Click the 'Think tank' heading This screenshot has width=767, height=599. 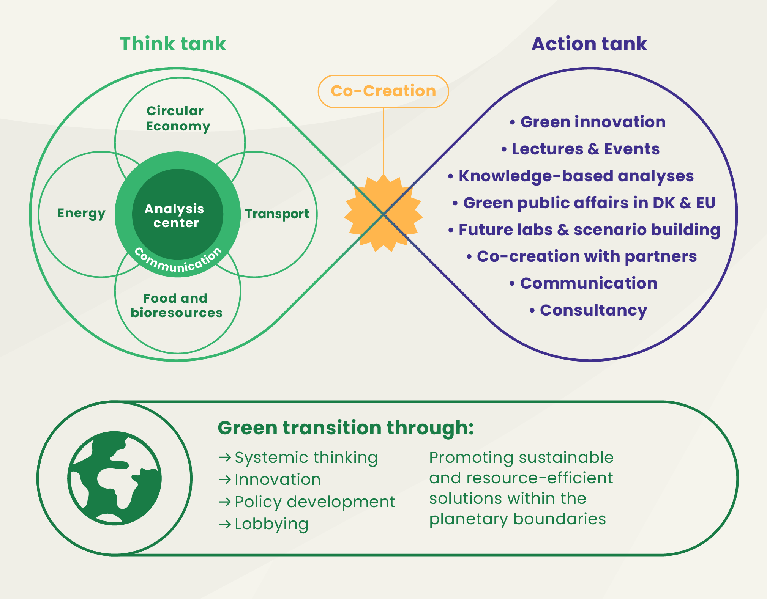click(173, 44)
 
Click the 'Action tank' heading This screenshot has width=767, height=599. click(589, 44)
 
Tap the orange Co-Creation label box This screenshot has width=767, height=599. click(383, 91)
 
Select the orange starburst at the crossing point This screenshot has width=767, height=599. click(383, 214)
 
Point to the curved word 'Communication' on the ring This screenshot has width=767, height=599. click(178, 262)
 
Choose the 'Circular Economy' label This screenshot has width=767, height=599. click(178, 118)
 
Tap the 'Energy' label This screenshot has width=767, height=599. click(81, 214)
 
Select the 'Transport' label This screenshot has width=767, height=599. click(277, 214)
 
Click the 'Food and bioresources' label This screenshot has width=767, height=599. click(177, 305)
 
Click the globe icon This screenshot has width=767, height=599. click(115, 478)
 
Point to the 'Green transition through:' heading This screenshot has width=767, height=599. click(346, 428)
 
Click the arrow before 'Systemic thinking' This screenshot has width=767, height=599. click(225, 458)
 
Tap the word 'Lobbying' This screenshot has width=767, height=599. click(271, 524)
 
